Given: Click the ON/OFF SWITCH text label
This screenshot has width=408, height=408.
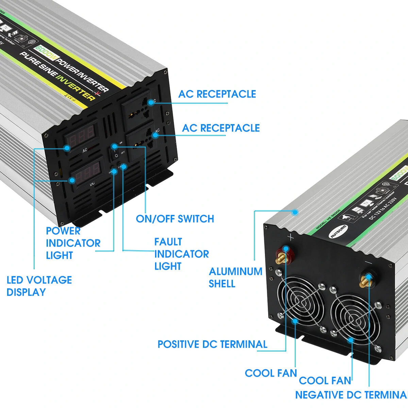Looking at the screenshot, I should (x=175, y=219).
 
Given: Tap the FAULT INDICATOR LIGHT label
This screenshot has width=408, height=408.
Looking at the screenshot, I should (x=181, y=254).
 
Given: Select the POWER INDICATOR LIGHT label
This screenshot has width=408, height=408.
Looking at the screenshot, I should (x=73, y=243).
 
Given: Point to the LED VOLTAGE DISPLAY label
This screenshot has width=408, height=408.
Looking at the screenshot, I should (x=39, y=286).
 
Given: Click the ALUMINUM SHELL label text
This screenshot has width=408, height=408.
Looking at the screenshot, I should (x=235, y=277).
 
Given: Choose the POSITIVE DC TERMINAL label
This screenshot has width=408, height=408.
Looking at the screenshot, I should (x=212, y=344).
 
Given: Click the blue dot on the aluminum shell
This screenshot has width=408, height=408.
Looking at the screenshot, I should (x=295, y=212).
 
